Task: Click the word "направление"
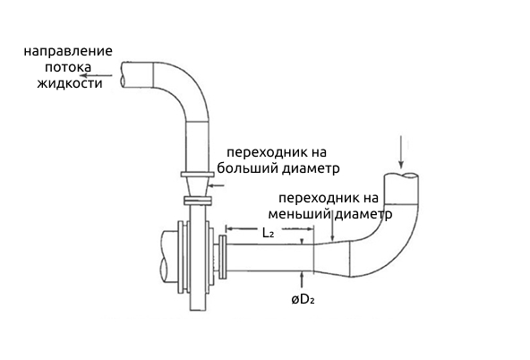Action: pos(68,51)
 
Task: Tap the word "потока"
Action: pos(68,67)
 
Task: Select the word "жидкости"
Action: pos(70,83)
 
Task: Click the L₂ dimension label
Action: pos(268,233)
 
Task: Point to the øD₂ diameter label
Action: pos(303,299)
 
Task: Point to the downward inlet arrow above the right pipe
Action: pos(401,151)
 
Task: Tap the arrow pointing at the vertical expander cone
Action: pos(217,185)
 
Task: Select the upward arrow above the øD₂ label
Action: pos(302,279)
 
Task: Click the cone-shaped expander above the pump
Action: pos(197,186)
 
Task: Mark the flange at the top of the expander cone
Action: pos(197,175)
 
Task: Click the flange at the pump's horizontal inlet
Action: pos(222,257)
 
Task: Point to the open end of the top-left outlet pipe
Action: pos(124,75)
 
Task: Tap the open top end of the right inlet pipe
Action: pos(402,176)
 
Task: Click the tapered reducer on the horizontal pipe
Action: pos(331,259)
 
